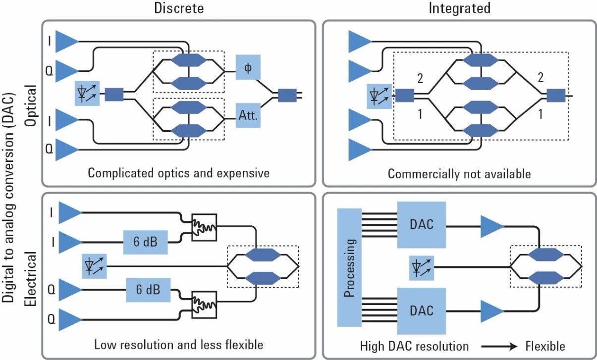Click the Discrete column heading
[178, 8]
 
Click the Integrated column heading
[459, 8]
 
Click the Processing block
[350, 268]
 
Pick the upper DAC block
[422, 225]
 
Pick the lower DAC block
[422, 310]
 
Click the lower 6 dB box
[148, 290]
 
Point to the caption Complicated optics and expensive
[178, 173]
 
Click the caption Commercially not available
[459, 174]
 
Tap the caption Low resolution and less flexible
[178, 345]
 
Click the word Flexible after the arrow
[545, 345]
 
